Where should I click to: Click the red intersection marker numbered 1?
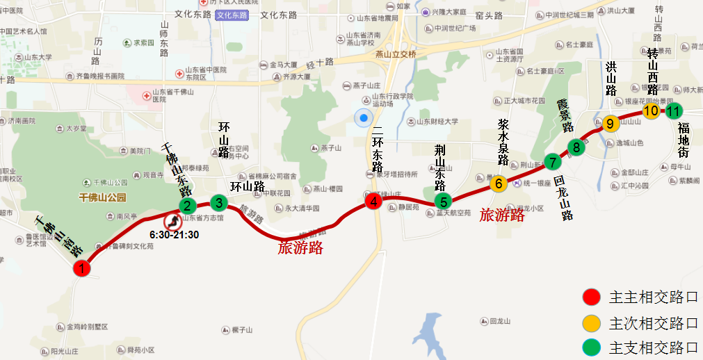pyautogui.click(x=82, y=268)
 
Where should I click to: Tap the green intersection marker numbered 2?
pyautogui.click(x=187, y=206)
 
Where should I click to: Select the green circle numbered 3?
pyautogui.click(x=219, y=203)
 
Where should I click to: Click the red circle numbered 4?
pyautogui.click(x=374, y=202)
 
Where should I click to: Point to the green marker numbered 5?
pyautogui.click(x=443, y=201)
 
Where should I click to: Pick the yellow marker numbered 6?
pyautogui.click(x=498, y=183)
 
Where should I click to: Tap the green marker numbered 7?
pyautogui.click(x=552, y=163)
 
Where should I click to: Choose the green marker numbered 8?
pyautogui.click(x=576, y=147)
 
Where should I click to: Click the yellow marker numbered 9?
pyautogui.click(x=610, y=124)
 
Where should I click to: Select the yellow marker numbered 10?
pyautogui.click(x=652, y=111)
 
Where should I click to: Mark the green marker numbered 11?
pyautogui.click(x=674, y=111)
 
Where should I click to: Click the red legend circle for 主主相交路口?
pyautogui.click(x=591, y=297)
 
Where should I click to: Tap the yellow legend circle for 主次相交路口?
pyautogui.click(x=591, y=323)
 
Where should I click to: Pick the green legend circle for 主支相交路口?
pyautogui.click(x=591, y=347)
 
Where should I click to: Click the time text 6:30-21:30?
pyautogui.click(x=175, y=235)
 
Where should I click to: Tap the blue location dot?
pyautogui.click(x=363, y=117)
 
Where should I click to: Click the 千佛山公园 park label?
pyautogui.click(x=103, y=197)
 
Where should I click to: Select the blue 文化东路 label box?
pyautogui.click(x=232, y=15)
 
